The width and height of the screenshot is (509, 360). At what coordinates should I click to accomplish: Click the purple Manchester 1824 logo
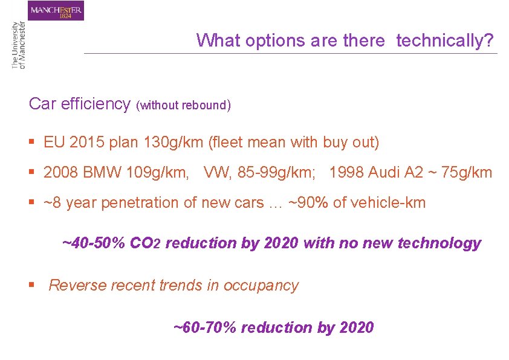(x=56, y=10)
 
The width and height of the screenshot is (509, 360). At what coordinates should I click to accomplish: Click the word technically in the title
(x=445, y=41)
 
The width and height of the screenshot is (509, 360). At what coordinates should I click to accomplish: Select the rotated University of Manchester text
(x=19, y=46)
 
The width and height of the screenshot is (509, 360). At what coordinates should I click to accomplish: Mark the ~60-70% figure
(x=205, y=328)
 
